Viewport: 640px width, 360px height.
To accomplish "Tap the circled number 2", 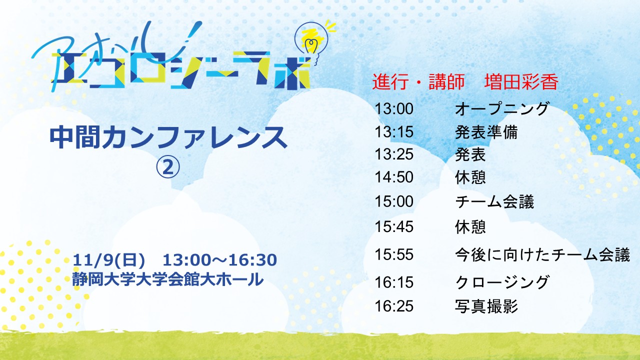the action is point(168,167).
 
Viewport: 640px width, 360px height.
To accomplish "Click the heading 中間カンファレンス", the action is point(168,137).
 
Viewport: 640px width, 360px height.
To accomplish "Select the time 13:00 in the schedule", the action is point(394,109).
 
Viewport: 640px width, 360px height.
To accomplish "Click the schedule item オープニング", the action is point(501,109).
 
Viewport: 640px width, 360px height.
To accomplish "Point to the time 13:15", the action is point(394,132).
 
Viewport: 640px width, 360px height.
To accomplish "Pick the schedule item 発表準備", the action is point(486,132).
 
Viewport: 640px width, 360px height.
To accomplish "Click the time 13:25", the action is point(394,154).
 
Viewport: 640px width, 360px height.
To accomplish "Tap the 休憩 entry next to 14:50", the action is point(470,177).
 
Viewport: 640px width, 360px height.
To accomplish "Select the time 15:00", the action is point(394,201).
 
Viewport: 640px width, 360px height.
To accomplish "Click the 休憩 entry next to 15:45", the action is point(470,227).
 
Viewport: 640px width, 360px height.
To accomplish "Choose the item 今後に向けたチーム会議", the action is point(542,254).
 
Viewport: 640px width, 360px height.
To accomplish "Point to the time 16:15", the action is point(394,282).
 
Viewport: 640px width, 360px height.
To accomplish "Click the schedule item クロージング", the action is point(502,282).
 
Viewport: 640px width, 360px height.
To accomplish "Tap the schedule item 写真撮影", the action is point(486,306).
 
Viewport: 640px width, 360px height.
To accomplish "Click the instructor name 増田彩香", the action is point(521,82).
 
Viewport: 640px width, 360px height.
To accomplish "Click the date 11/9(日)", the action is point(109,260).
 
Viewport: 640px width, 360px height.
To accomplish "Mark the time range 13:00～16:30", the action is point(219,260).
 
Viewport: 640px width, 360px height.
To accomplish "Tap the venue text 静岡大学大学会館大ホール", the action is point(168,279).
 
